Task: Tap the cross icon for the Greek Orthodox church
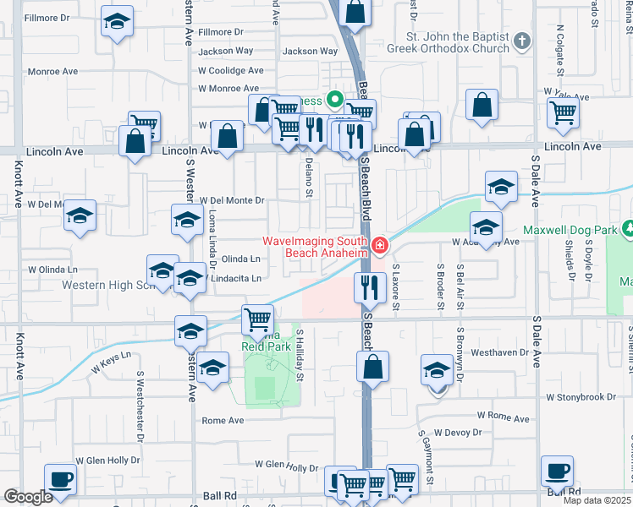click(522, 41)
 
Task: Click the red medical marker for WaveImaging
click(379, 247)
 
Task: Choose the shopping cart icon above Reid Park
click(258, 319)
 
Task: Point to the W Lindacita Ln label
click(229, 278)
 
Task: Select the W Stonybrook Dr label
click(584, 396)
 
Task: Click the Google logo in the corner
click(28, 497)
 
